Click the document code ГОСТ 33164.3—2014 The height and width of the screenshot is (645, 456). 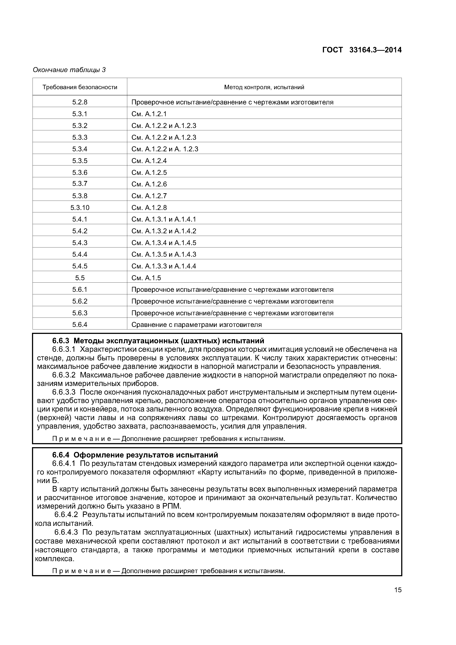[362, 50]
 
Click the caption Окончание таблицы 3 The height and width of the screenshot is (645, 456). [69, 70]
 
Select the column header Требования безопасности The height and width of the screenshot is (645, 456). [80, 87]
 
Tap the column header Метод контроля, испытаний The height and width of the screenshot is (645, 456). [264, 87]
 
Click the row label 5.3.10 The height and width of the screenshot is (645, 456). [80, 208]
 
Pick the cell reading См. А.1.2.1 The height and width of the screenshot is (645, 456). [149, 114]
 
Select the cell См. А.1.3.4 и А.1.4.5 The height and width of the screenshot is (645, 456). [163, 243]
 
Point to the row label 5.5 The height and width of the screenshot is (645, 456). [80, 278]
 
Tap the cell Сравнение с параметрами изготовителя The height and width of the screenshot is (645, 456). [196, 325]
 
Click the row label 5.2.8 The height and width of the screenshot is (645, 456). [80, 102]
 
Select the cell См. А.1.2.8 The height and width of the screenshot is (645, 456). [149, 208]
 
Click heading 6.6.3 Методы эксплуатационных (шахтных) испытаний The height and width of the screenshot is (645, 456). [158, 341]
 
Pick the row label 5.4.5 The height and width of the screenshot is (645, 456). [80, 266]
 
